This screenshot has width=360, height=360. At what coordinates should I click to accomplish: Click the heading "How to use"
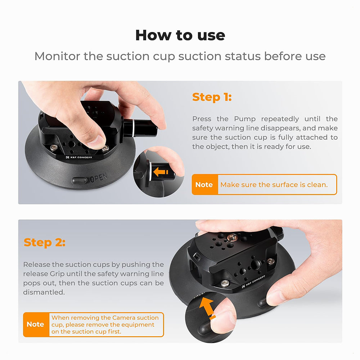[180, 35]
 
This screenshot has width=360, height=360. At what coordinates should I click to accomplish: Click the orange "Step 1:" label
[212, 97]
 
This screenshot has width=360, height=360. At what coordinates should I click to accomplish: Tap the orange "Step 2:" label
[44, 243]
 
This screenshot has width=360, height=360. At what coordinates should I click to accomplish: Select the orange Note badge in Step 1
[204, 185]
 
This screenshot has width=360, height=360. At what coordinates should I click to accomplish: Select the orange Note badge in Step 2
[36, 324]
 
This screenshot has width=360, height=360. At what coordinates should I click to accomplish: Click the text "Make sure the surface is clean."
[274, 185]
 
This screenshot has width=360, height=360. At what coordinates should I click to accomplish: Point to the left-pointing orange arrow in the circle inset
[159, 172]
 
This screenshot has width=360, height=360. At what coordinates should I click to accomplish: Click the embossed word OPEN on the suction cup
[98, 179]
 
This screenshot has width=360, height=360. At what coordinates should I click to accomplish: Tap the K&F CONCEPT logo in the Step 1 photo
[79, 157]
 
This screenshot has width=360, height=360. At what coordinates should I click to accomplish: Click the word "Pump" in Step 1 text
[246, 119]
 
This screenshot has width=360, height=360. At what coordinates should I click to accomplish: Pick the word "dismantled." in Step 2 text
[44, 292]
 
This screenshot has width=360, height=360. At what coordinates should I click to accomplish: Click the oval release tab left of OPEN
[80, 180]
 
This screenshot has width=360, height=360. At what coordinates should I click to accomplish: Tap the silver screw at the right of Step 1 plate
[105, 148]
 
